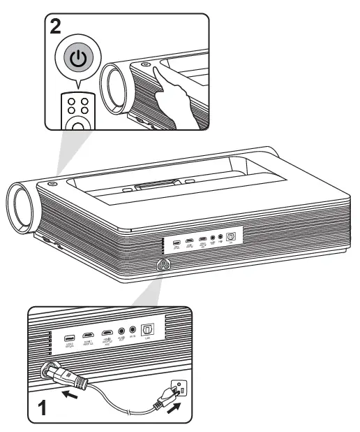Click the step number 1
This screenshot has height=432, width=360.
tap(44, 405)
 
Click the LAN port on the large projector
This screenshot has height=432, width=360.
tap(231, 238)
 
